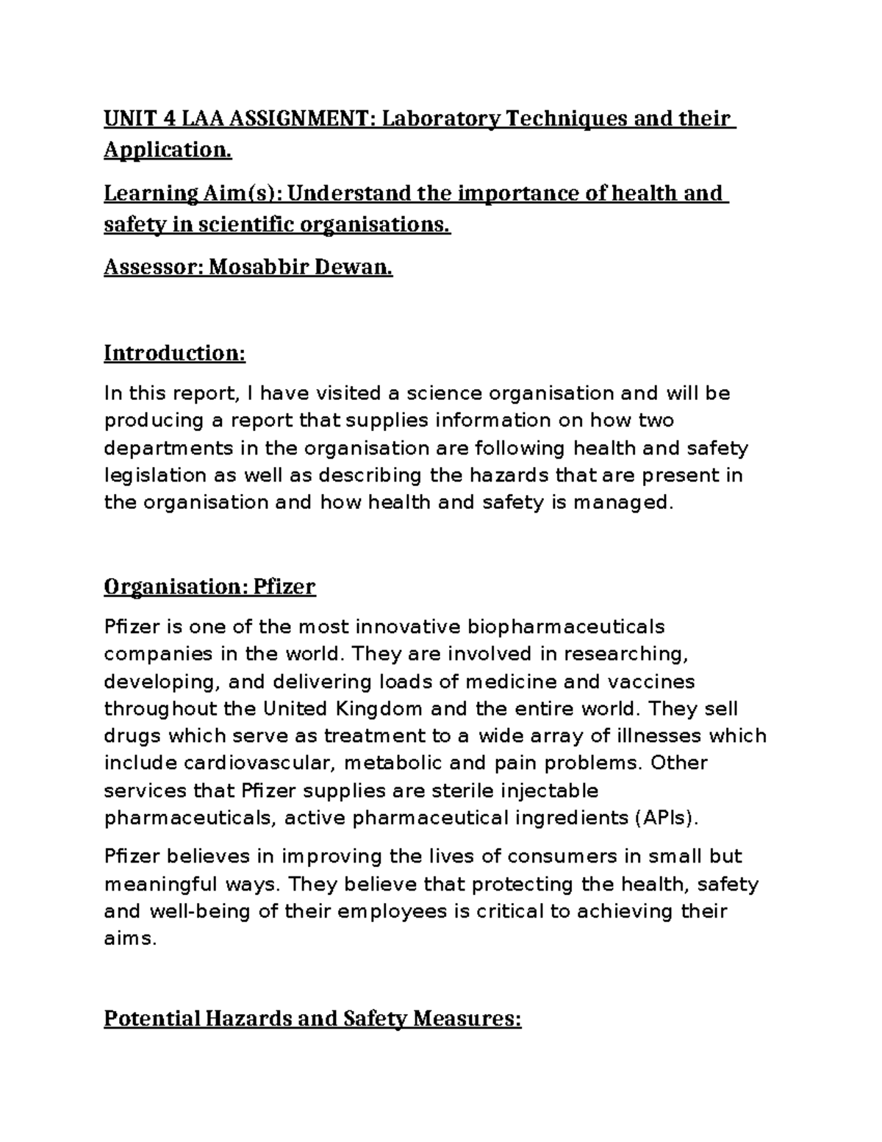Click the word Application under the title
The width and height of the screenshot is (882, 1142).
click(167, 150)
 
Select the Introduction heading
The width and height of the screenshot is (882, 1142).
click(174, 353)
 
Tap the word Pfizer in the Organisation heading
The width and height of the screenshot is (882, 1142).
click(284, 587)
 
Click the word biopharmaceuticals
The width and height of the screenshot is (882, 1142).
click(565, 627)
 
